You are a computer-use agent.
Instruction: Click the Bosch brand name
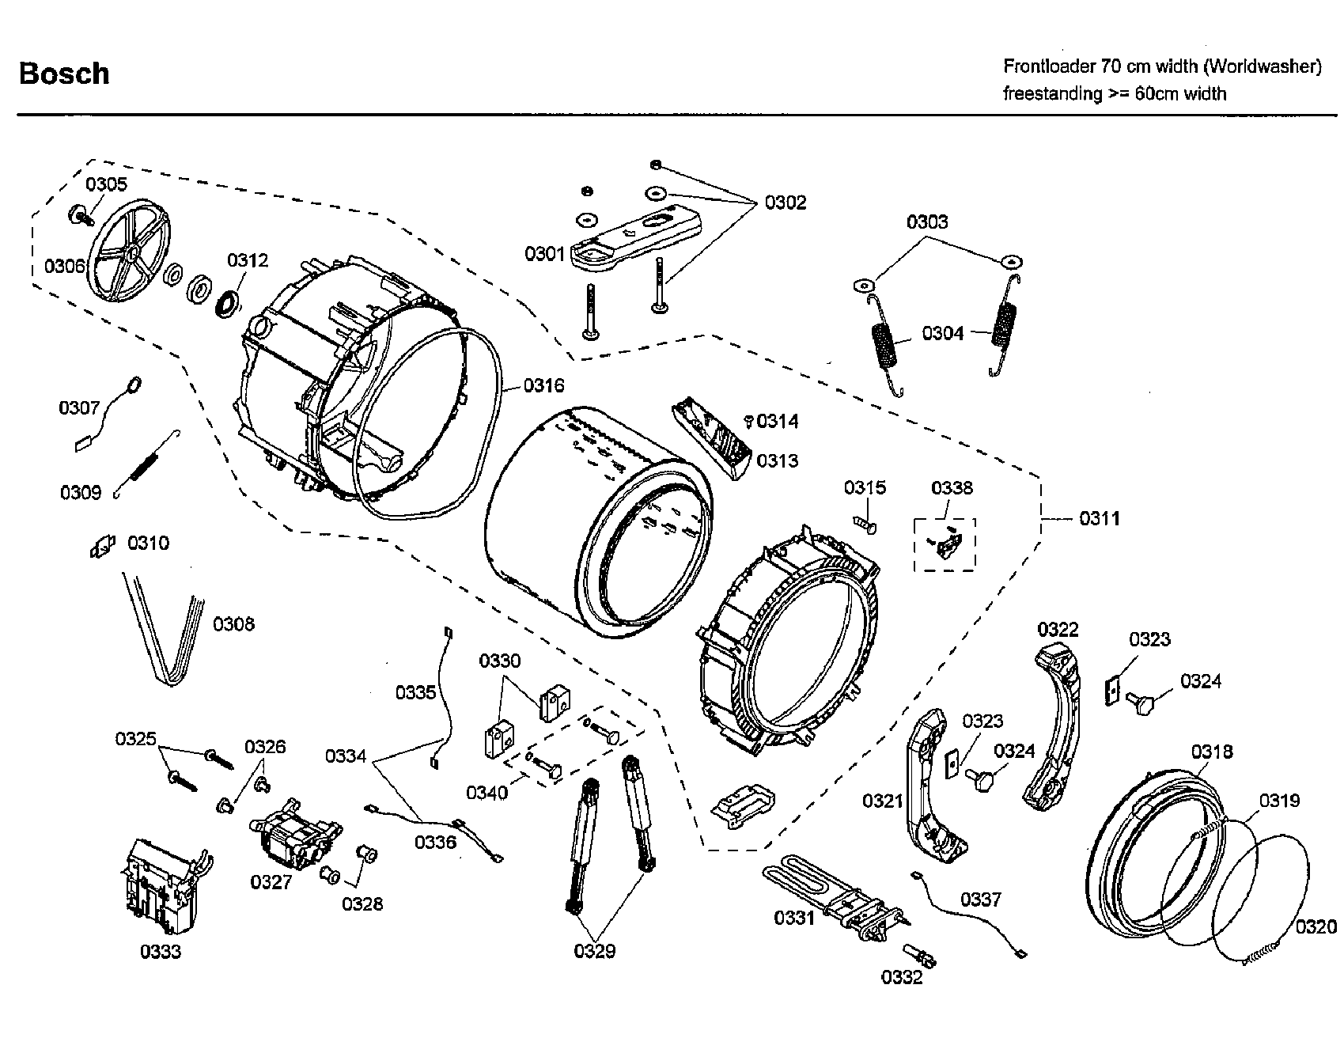[64, 74]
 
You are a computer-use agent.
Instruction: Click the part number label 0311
[1099, 519]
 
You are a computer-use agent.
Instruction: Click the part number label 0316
[543, 385]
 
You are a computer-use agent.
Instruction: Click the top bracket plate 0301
[633, 237]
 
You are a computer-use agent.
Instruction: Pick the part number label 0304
[942, 333]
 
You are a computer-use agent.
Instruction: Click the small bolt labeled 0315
[865, 525]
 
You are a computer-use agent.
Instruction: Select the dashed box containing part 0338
[945, 544]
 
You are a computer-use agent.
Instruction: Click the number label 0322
[1058, 630]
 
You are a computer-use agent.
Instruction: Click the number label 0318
[1212, 752]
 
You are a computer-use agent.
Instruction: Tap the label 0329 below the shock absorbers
[594, 951]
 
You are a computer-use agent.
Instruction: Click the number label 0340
[486, 792]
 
